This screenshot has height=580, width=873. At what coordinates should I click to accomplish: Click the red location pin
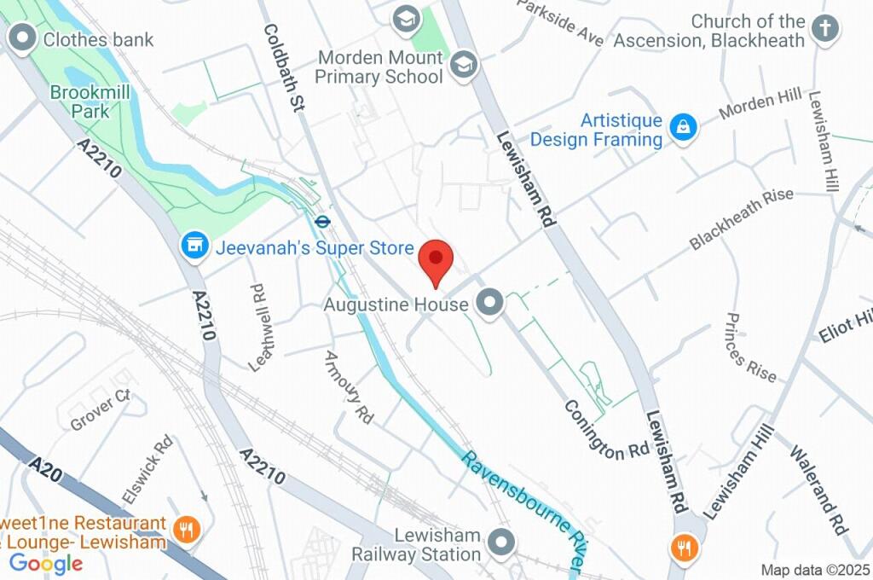[437, 258]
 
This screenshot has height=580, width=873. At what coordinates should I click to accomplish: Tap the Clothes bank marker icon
[20, 38]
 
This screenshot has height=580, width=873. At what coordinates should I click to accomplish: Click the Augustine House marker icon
[489, 302]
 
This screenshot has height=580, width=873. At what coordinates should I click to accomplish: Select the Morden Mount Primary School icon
[464, 65]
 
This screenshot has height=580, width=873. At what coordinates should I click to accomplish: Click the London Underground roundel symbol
[322, 221]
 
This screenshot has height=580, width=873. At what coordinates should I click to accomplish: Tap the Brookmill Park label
[79, 101]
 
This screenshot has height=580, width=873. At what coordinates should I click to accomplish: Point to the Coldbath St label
[284, 67]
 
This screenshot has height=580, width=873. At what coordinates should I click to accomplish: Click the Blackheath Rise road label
[741, 218]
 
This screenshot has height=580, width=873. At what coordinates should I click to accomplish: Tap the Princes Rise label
[750, 346]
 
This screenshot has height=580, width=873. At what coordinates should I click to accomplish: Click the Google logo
[46, 563]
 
